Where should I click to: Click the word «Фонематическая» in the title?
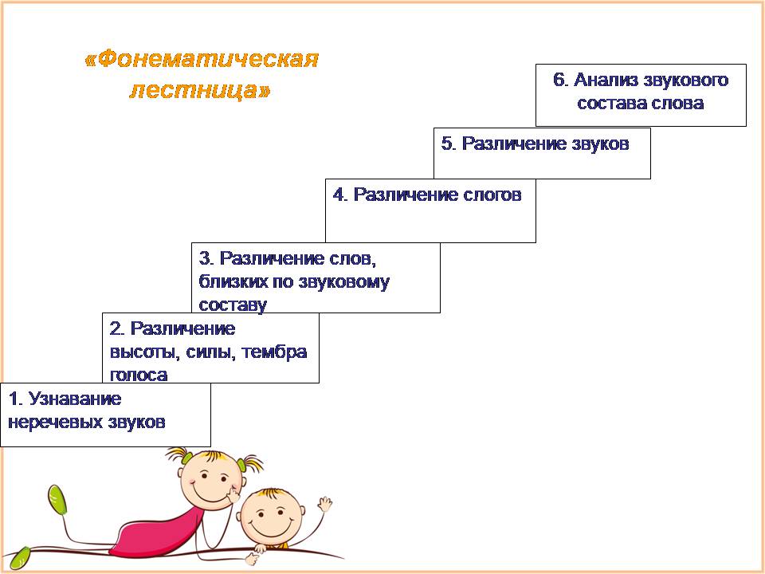click(202, 61)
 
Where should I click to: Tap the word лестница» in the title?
click(200, 91)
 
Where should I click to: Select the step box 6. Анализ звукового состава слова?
click(641, 95)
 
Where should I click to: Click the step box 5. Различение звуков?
click(542, 153)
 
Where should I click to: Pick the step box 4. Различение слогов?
click(430, 210)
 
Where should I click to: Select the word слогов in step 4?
click(492, 195)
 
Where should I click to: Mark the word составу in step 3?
click(233, 305)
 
